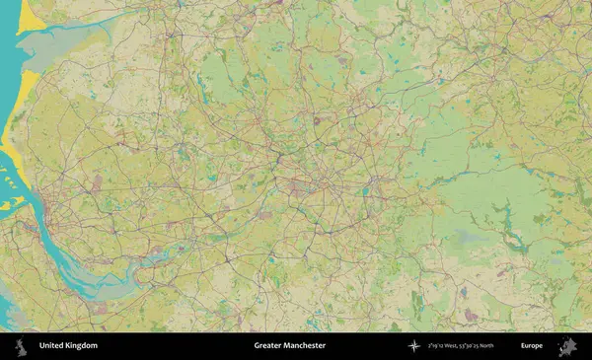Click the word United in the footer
tap(52, 346)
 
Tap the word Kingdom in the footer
tap(82, 346)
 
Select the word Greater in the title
tap(268, 346)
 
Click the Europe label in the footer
tap(532, 346)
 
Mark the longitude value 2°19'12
tap(437, 346)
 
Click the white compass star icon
tap(413, 346)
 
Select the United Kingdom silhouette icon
tap(20, 346)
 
